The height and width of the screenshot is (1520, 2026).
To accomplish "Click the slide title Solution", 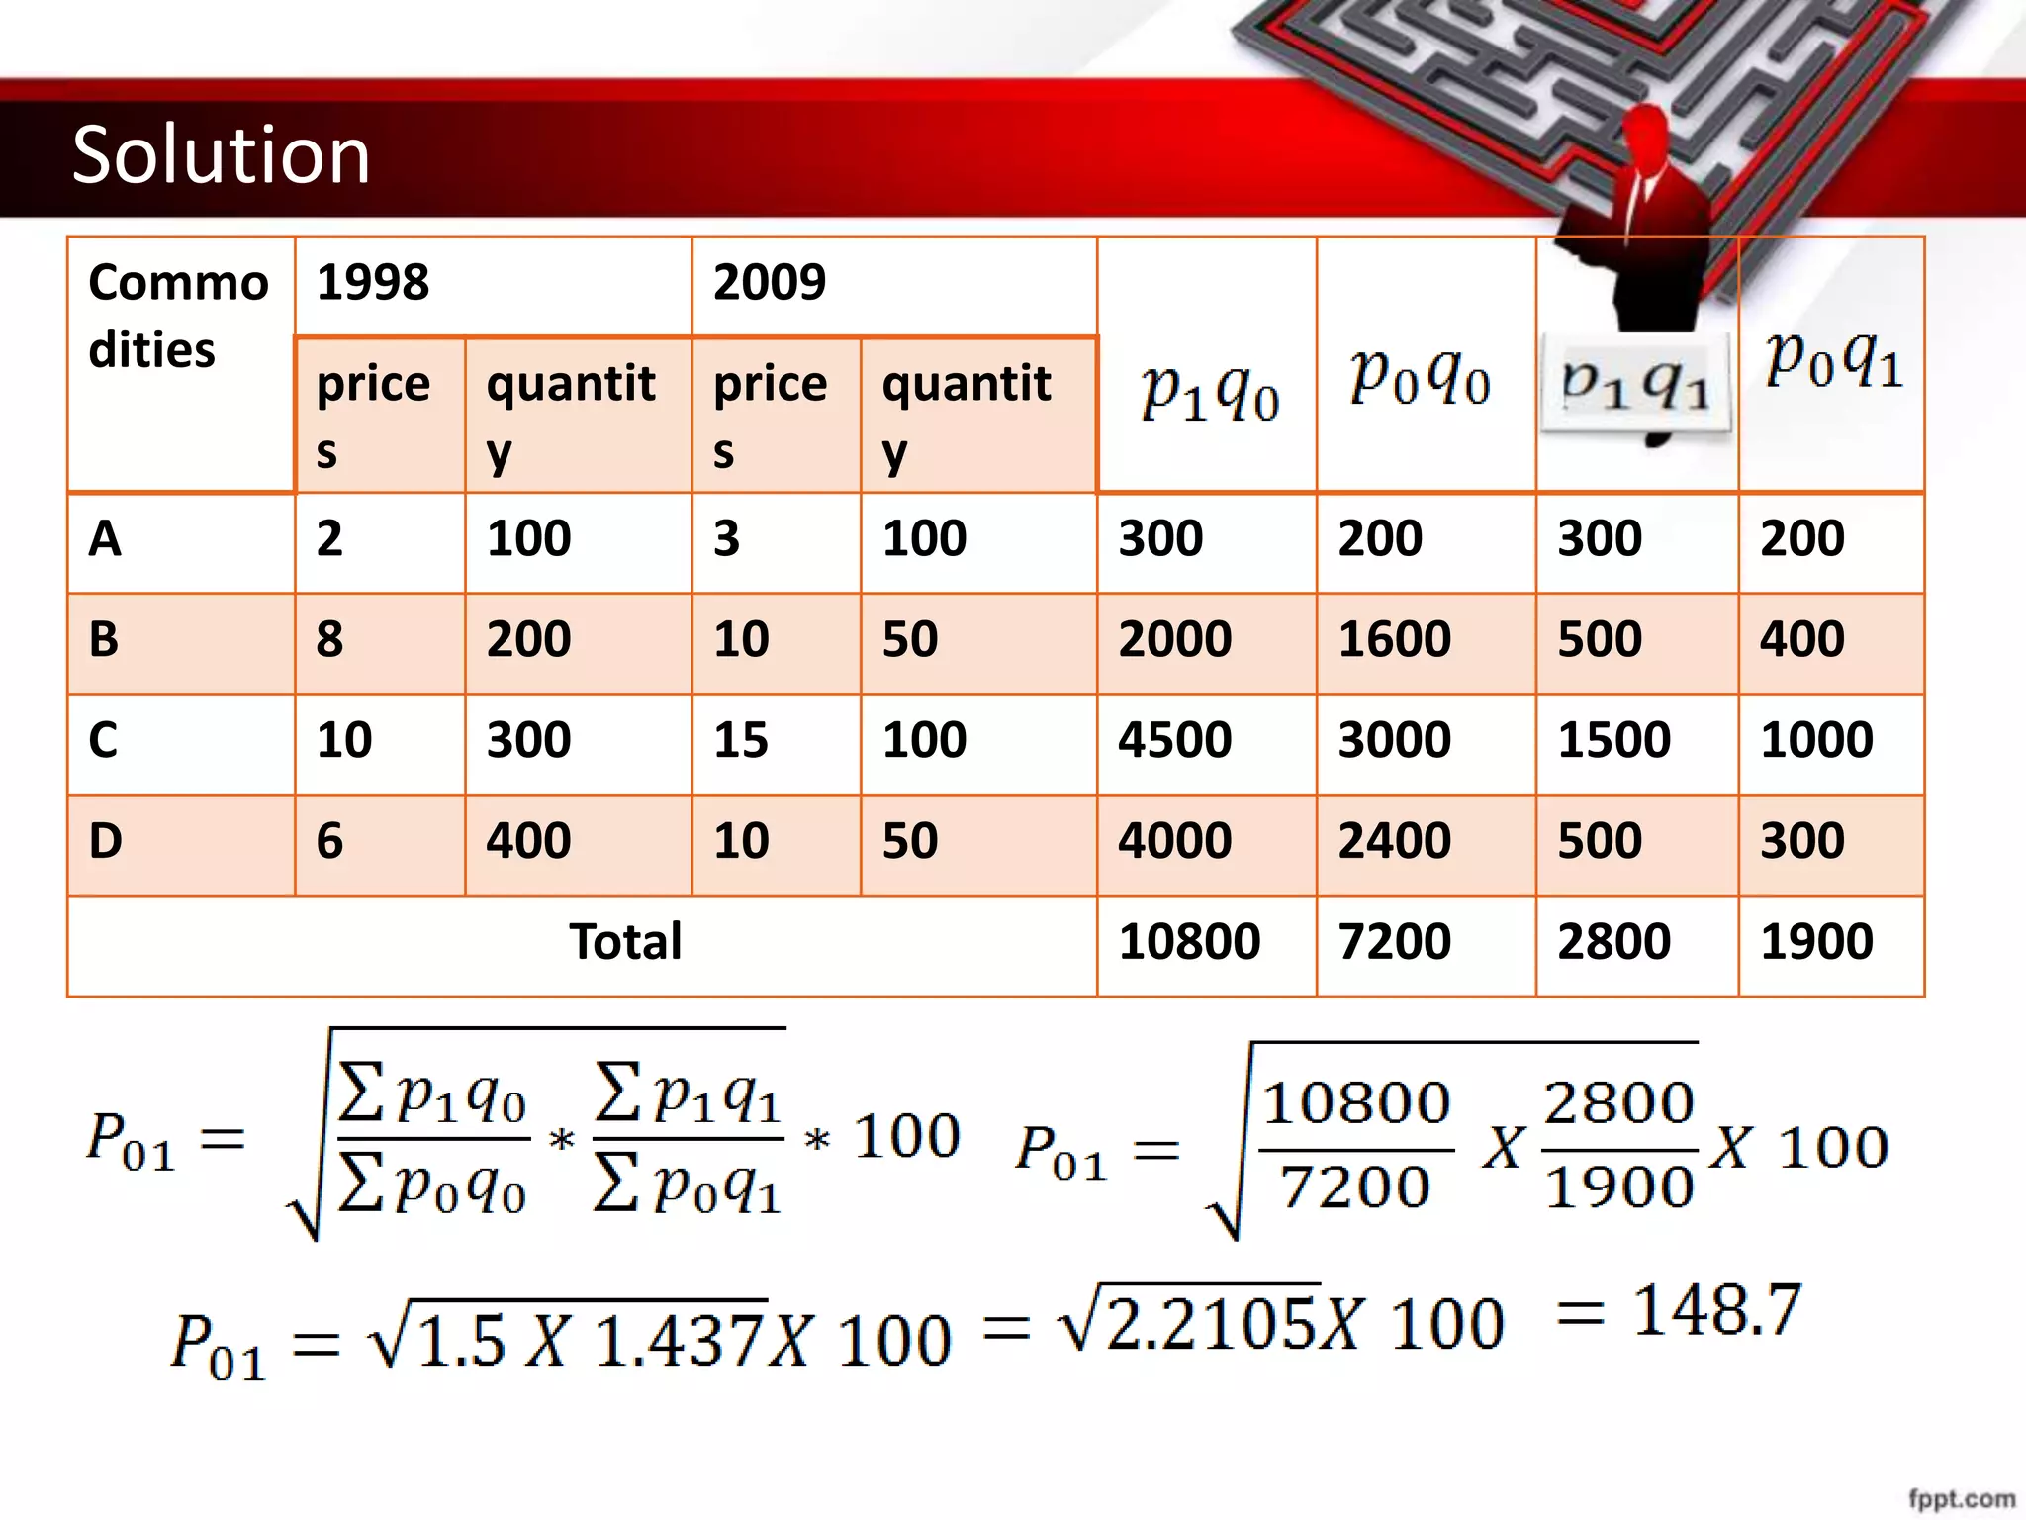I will (x=221, y=155).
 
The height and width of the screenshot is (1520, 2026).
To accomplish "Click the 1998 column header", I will (x=373, y=283).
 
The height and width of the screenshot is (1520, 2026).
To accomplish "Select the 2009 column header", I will (x=770, y=283).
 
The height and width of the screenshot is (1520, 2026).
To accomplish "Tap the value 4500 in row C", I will (x=1175, y=740).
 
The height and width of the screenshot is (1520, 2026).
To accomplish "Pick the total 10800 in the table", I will (x=1189, y=941).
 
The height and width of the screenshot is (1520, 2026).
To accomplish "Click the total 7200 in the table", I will (x=1394, y=941).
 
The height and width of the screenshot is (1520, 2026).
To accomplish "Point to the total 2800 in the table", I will (x=1613, y=941).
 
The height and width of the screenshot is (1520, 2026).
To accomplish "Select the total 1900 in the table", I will (x=1816, y=941).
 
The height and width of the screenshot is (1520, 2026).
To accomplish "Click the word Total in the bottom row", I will (x=625, y=941).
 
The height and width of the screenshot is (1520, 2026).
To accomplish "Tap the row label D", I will (x=106, y=841).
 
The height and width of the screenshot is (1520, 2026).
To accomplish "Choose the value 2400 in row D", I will (x=1394, y=841).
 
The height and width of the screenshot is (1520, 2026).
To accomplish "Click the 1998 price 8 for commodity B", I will (x=329, y=639).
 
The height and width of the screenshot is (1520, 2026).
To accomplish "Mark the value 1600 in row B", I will (x=1394, y=639).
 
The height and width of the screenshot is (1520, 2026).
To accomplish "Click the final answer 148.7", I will (x=1716, y=1311).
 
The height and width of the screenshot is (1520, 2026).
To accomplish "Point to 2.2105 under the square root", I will (x=1213, y=1324).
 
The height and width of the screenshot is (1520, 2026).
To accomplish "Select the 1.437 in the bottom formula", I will (x=681, y=1342).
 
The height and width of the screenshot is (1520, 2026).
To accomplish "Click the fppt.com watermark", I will (x=1961, y=1500).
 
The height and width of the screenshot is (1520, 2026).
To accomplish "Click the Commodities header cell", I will (x=178, y=317).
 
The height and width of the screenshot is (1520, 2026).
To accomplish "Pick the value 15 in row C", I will (x=741, y=740).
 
